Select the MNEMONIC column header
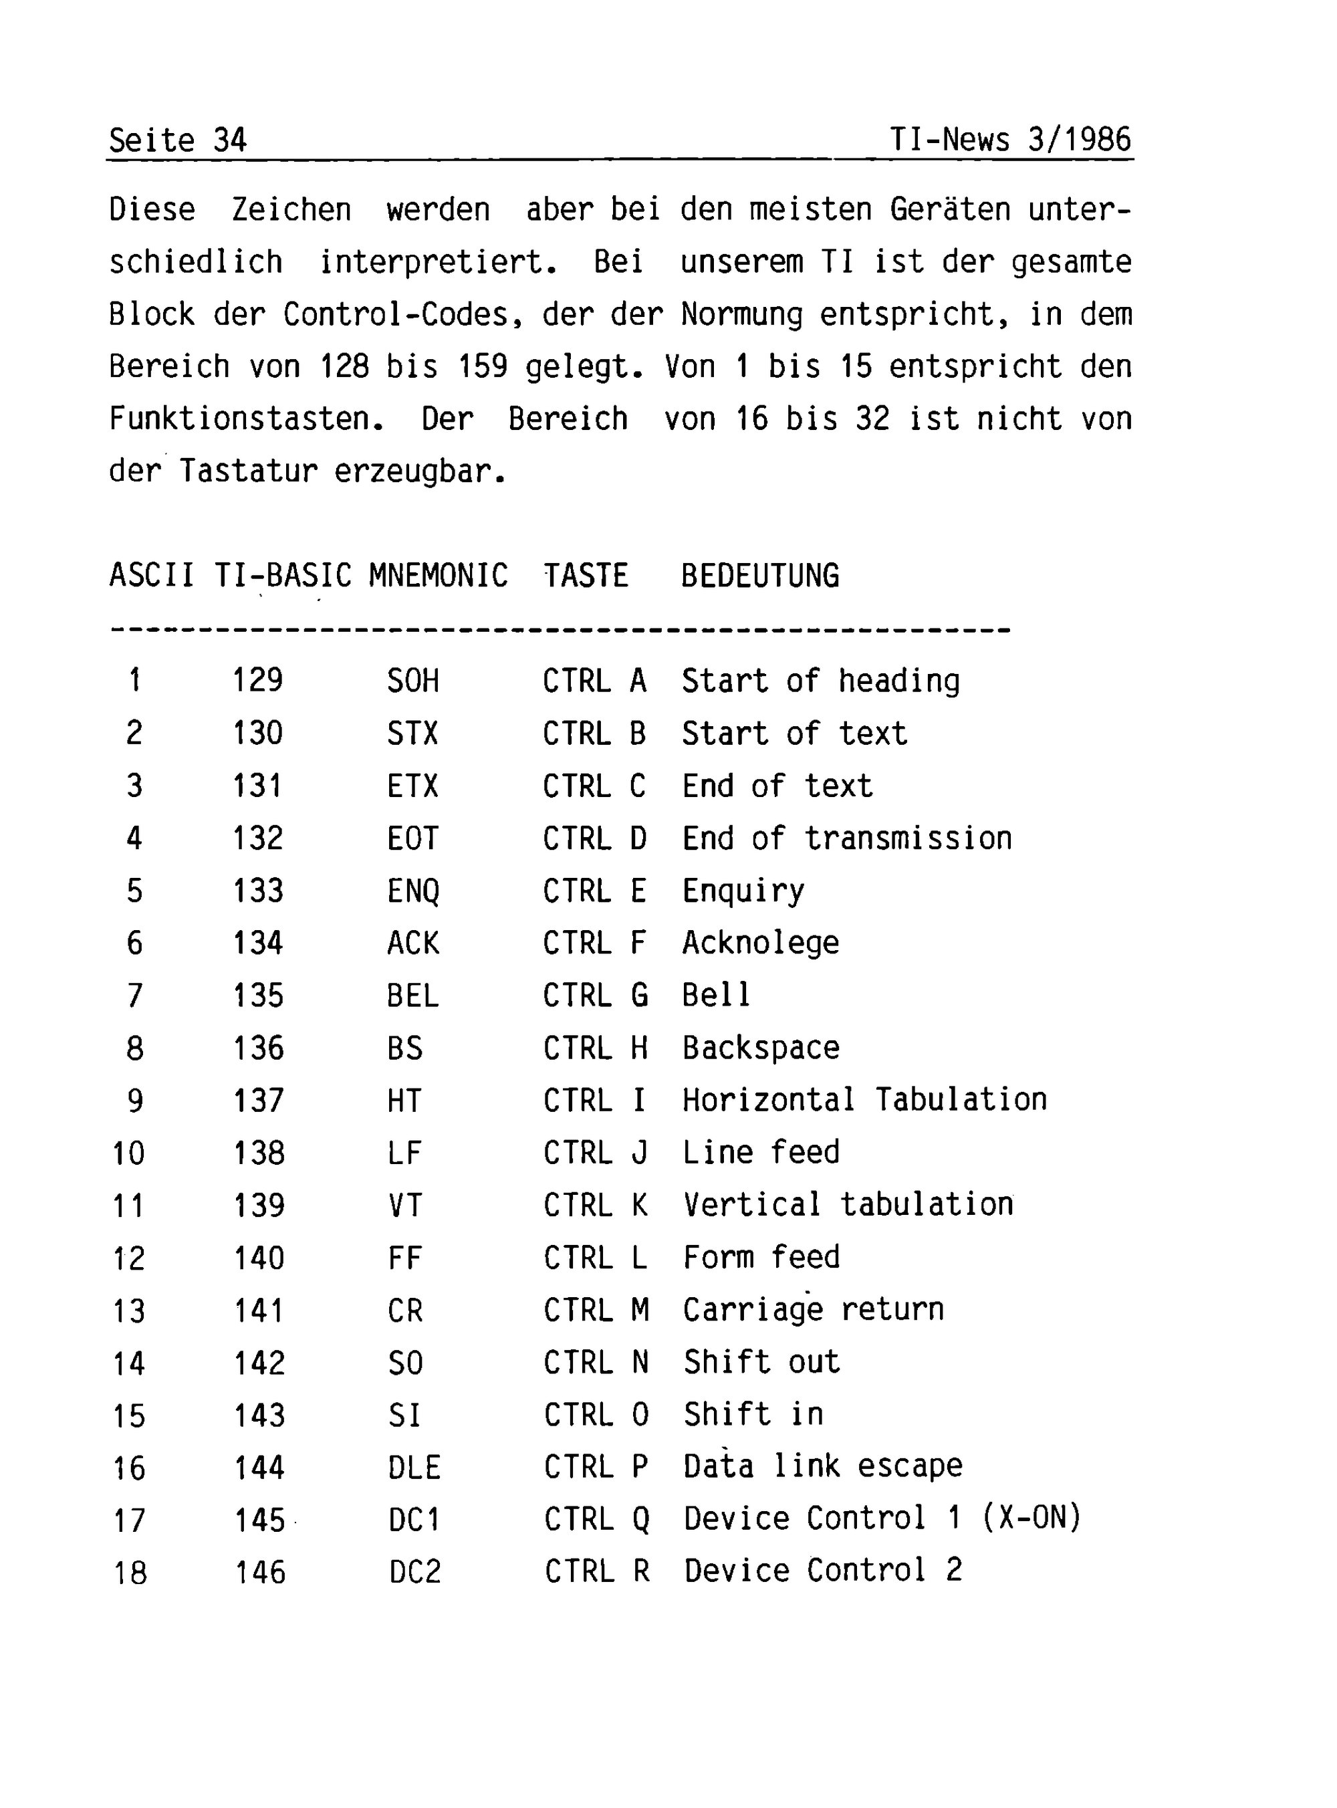[x=438, y=576]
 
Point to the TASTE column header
[x=586, y=576]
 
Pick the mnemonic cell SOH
[x=412, y=681]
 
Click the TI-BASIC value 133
[x=258, y=890]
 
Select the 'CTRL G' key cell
[x=595, y=995]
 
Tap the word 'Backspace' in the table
[x=760, y=1047]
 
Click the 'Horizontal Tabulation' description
[x=864, y=1100]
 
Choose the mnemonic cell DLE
[x=414, y=1467]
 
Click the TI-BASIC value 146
[x=260, y=1572]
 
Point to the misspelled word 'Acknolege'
[x=760, y=943]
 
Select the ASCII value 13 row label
[x=128, y=1311]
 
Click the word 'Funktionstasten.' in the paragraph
[x=246, y=419]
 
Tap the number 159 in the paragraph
[x=483, y=366]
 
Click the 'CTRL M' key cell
[x=596, y=1309]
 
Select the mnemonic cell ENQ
[x=412, y=890]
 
